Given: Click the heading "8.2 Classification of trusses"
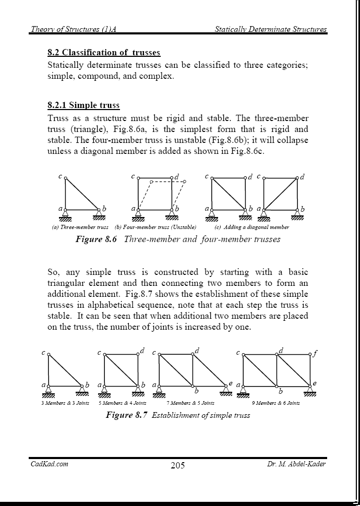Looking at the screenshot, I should coord(104,53).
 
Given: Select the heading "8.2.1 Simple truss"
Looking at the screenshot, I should coord(83,105).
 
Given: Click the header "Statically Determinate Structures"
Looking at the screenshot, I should coord(271,29).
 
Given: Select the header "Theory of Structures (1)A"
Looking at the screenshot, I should coord(73,29).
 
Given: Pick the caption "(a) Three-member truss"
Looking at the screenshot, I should coord(80,227).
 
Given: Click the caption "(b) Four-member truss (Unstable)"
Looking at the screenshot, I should coord(155,227).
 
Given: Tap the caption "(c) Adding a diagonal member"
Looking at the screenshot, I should coord(251,227).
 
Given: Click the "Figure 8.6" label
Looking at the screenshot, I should coord(97,239).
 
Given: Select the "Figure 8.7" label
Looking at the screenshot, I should coord(126,415).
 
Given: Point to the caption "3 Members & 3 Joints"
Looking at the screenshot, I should coord(65,403).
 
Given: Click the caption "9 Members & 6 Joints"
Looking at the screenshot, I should coord(275,403).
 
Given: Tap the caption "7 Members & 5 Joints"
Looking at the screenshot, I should coord(190,403).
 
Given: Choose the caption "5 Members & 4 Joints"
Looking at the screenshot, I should coord(123,403).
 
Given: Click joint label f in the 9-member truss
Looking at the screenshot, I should coord(316,353).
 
